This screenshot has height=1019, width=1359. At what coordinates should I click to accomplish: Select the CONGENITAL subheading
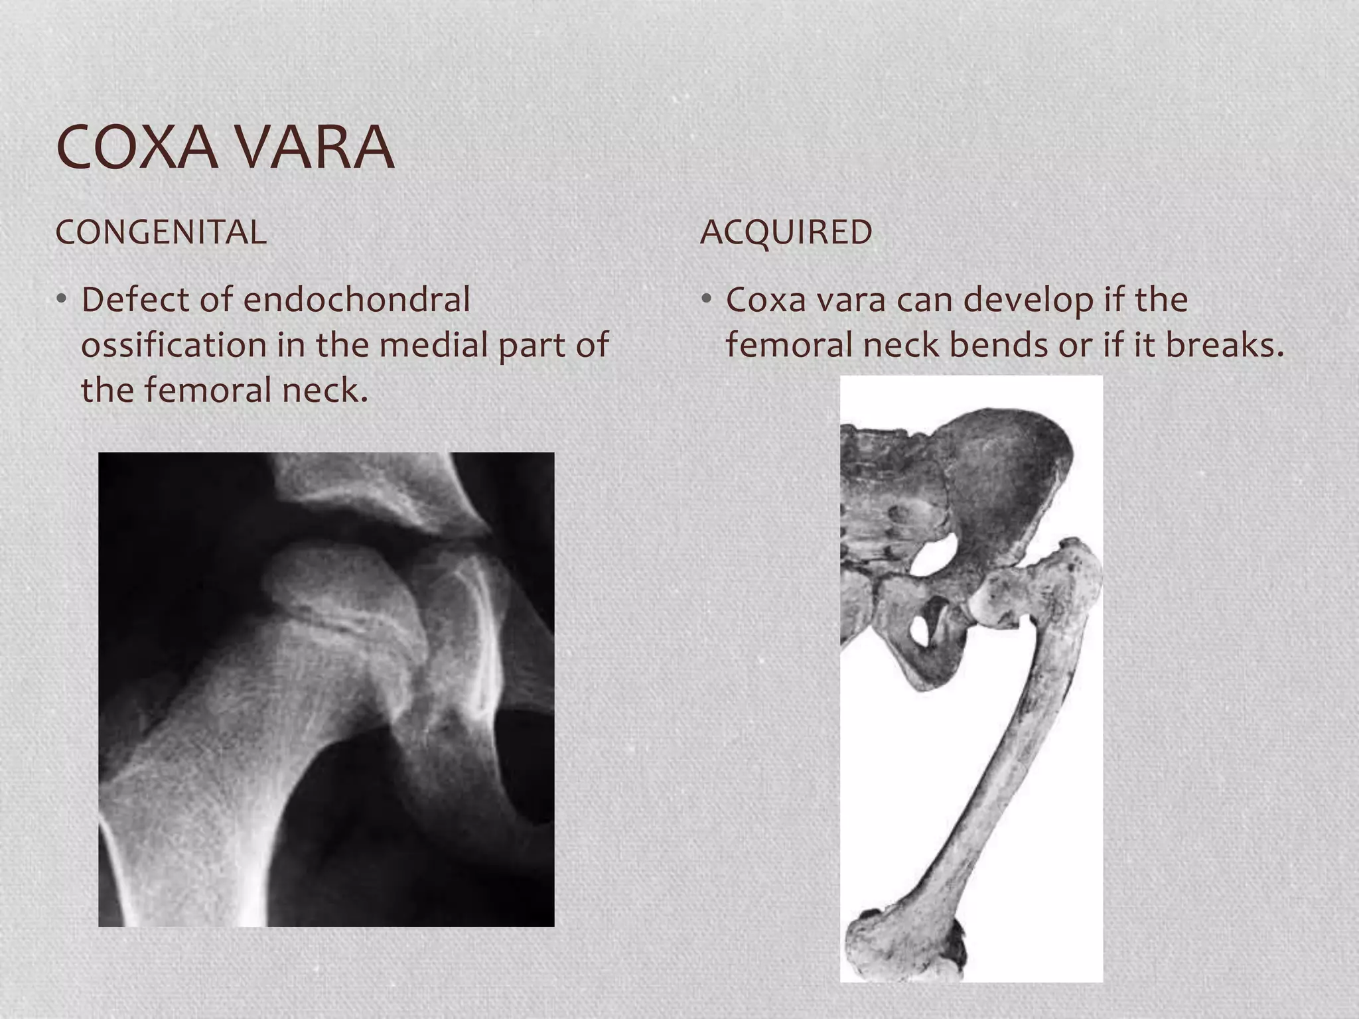coord(161,232)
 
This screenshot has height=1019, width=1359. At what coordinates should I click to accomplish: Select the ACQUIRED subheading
coord(786,232)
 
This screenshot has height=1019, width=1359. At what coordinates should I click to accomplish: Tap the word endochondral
coord(356,300)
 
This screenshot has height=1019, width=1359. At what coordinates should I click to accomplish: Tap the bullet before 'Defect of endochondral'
coord(62,300)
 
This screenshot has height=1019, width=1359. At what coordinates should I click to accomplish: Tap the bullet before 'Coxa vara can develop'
coord(707,300)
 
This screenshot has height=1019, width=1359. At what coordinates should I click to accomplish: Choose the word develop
coord(1027,300)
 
